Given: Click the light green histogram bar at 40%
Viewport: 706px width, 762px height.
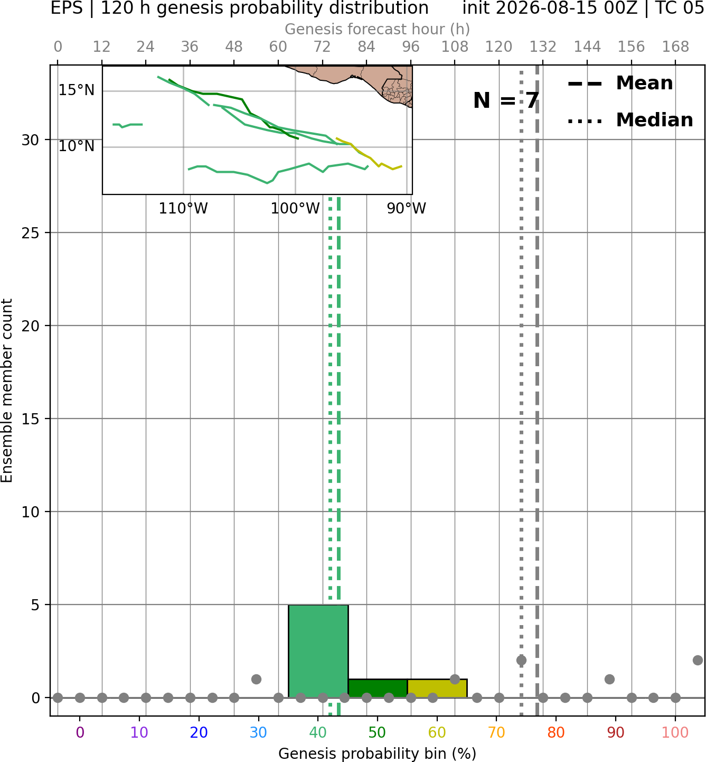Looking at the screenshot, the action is (318, 651).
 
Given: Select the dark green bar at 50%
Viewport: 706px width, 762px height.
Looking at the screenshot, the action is (378, 689).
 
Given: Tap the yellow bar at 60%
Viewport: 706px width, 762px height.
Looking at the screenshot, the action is (437, 689).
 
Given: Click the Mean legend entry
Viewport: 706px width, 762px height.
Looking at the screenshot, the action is (620, 83).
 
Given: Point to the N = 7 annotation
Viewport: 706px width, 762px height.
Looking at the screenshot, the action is (506, 100).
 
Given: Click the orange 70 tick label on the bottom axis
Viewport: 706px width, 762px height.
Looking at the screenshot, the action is (496, 733).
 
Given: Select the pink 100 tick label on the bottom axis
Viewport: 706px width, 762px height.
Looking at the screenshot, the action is (675, 733).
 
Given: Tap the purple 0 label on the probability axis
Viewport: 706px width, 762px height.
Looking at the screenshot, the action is (80, 733).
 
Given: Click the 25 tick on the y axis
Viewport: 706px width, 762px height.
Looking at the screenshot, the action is (31, 233).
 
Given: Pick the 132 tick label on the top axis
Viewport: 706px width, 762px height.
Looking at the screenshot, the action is (543, 47).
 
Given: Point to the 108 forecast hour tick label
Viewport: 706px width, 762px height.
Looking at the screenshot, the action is (455, 47).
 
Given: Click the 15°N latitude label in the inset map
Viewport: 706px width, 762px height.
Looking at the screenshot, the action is (77, 90).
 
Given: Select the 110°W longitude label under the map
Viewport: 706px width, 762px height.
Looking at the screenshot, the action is (183, 209).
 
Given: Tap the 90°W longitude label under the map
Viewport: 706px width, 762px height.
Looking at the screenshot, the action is (407, 209).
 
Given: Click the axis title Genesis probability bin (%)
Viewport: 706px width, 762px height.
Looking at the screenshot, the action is (378, 753).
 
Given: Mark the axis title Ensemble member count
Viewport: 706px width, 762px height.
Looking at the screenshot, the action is (7, 391).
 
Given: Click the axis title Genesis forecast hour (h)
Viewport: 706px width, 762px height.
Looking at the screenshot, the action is (378, 29).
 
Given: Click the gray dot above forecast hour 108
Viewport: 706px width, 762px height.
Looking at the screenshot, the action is (455, 679).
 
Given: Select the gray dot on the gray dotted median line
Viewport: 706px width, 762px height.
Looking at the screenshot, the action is (521, 661).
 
